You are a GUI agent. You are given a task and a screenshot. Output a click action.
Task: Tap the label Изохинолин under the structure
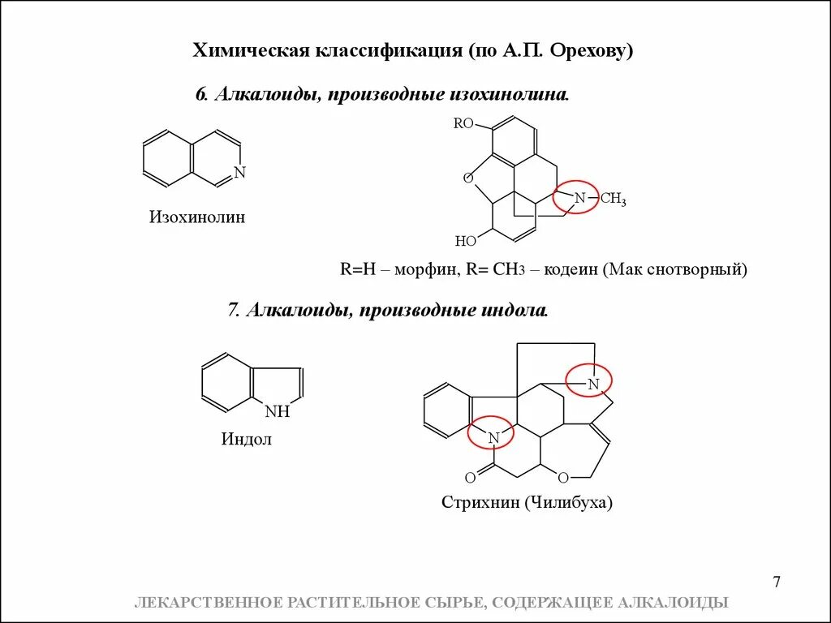coord(196,217)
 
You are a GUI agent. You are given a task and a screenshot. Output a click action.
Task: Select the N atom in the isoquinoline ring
coord(239,173)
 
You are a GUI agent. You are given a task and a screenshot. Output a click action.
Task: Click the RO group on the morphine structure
coord(463,123)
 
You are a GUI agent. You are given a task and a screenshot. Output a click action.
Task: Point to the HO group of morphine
coord(465,241)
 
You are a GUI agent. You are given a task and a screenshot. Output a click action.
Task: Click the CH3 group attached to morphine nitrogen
coord(613,199)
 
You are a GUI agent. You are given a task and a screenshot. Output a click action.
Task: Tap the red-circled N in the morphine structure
coord(579,197)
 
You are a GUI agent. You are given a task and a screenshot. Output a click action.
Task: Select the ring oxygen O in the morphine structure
coord(467,178)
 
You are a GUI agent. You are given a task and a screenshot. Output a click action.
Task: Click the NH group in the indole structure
coord(277,411)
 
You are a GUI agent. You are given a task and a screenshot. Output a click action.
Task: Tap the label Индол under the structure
coord(247,440)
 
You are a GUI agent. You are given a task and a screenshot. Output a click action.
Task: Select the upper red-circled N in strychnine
coord(593,383)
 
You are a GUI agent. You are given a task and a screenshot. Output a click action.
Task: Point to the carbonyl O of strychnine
coord(470,478)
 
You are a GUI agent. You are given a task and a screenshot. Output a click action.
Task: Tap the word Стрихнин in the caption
coord(480,503)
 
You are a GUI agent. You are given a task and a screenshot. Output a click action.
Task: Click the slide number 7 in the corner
coord(777,582)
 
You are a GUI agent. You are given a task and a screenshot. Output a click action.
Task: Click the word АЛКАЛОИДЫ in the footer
coord(673,602)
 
